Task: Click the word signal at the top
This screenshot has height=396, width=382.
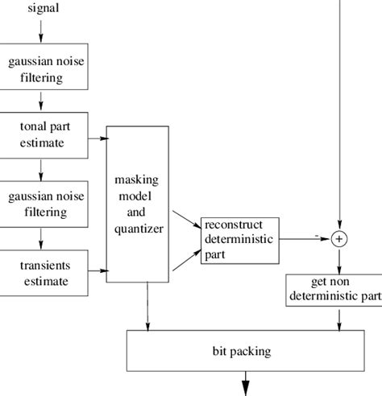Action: tap(43, 9)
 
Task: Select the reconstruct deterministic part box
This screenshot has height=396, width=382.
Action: tap(240, 238)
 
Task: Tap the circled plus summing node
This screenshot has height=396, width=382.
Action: tap(339, 239)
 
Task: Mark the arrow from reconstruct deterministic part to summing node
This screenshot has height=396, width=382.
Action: tap(306, 239)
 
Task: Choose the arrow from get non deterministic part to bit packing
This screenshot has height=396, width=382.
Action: tap(339, 317)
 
